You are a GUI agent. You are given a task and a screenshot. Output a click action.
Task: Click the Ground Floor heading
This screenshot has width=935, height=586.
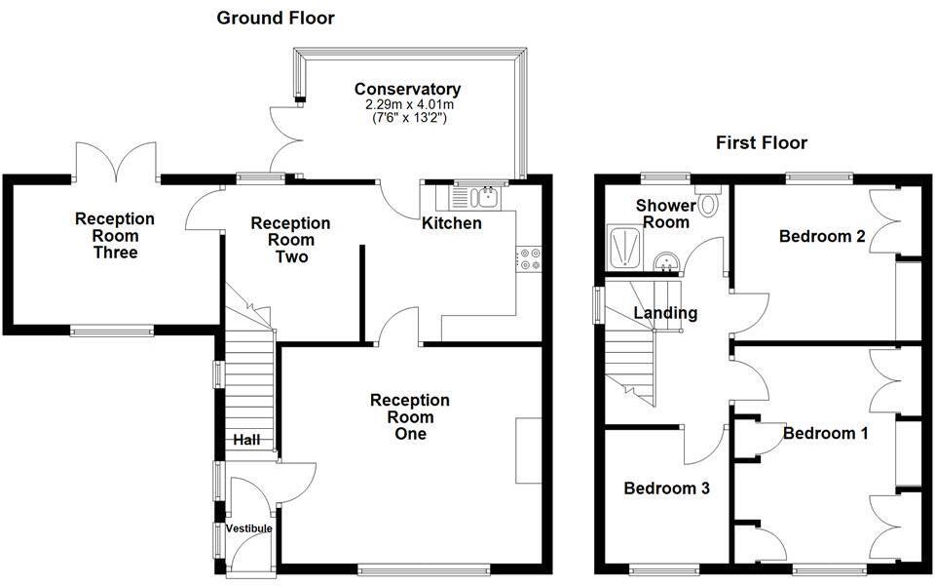click(x=275, y=18)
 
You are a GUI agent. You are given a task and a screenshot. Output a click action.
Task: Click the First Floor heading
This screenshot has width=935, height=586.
click(x=761, y=143)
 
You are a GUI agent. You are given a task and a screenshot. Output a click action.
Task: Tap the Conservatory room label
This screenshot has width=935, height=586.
click(x=407, y=89)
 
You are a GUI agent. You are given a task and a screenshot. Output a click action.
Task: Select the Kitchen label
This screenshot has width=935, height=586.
click(x=451, y=223)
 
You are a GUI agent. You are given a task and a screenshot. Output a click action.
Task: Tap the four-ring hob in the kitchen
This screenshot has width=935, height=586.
click(x=533, y=258)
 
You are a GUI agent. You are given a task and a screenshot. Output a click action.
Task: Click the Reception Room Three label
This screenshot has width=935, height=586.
click(x=115, y=236)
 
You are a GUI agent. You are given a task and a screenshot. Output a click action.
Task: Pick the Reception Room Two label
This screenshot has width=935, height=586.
click(x=290, y=240)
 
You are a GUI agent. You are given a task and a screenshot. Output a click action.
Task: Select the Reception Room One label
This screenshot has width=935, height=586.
click(x=410, y=416)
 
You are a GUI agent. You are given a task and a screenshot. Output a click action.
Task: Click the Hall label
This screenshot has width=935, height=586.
click(x=246, y=441)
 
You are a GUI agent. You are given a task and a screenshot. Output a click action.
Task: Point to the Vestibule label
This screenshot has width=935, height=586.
click(x=248, y=528)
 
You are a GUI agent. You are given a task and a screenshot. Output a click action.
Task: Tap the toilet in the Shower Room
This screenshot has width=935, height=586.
click(x=708, y=205)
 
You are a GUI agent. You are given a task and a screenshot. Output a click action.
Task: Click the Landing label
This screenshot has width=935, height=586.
click(x=665, y=313)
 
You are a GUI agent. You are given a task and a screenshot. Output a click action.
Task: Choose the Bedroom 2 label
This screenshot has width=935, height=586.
click(x=822, y=235)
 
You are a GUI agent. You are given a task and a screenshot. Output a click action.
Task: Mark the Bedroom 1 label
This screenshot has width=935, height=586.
click(x=825, y=433)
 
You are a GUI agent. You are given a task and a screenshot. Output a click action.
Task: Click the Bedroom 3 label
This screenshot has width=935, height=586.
click(x=666, y=488)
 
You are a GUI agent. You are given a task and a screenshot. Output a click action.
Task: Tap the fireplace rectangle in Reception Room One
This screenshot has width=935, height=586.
click(x=529, y=449)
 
